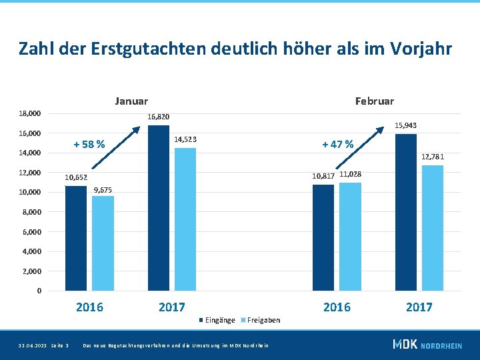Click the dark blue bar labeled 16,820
(x=159, y=208)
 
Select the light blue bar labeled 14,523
(x=185, y=219)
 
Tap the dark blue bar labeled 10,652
(x=76, y=238)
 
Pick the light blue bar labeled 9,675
(x=103, y=243)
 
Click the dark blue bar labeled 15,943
(x=406, y=212)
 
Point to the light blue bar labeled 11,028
(x=350, y=237)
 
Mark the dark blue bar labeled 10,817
(x=323, y=237)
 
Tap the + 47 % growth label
(x=338, y=144)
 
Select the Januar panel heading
(x=131, y=101)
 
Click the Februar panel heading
(x=375, y=101)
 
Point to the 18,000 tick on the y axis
(x=30, y=114)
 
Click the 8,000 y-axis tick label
(x=31, y=212)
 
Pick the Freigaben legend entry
(x=263, y=320)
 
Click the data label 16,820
(x=159, y=117)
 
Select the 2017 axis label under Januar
(x=172, y=307)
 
